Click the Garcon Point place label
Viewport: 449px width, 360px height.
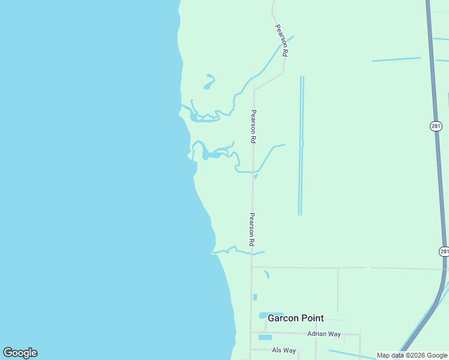295,318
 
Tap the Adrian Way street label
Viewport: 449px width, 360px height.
324,334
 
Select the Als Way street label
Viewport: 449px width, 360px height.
284,350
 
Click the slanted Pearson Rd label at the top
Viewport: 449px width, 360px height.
282,40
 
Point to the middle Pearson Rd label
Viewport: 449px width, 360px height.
253,126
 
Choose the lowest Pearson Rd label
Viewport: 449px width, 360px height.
253,229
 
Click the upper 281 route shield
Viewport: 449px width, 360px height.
436,126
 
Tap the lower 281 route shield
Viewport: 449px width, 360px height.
444,251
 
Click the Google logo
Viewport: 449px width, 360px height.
20,353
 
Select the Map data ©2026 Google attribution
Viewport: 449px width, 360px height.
412,355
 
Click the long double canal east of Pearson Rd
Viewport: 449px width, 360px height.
301,144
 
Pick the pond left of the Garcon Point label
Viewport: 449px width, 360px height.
263,315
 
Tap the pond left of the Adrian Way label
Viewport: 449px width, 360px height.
265,337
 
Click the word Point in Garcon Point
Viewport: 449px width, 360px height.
312,318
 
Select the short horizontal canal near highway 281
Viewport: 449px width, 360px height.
396,59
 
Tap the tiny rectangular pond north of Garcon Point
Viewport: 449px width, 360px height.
255,297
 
